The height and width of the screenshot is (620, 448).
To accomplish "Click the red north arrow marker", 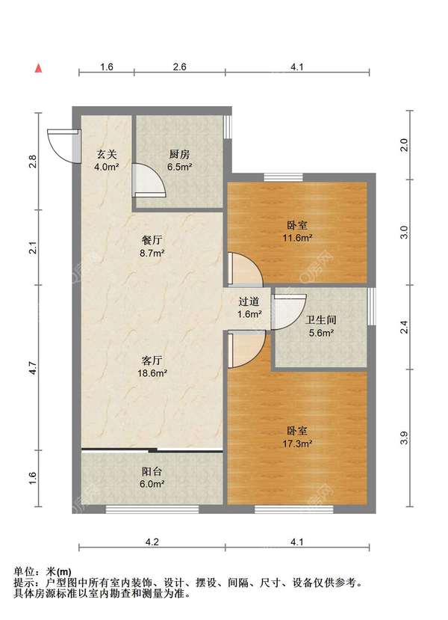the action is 38,68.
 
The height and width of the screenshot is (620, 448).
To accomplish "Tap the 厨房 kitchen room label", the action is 180,154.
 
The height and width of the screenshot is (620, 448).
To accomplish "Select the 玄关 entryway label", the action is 107,154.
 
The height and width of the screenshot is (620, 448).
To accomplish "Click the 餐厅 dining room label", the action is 152,240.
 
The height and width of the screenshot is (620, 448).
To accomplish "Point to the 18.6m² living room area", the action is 152,373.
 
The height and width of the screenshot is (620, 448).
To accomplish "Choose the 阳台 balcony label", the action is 152,471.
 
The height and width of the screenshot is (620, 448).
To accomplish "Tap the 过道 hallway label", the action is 249,301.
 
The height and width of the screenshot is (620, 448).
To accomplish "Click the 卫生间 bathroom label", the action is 321,320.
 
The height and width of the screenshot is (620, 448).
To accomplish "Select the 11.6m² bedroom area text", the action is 297,238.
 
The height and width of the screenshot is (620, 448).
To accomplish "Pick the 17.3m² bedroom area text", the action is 297,443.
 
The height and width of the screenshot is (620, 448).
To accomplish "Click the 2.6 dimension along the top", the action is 180,67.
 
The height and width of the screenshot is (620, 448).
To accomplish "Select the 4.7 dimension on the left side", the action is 33,368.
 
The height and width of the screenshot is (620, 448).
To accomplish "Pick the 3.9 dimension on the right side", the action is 404,438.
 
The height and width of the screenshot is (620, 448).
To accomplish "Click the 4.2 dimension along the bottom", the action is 152,542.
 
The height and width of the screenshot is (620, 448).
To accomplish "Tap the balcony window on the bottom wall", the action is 152,509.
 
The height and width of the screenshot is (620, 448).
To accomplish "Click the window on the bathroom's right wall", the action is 371,307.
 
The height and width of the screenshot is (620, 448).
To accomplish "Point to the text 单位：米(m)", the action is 43,571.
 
